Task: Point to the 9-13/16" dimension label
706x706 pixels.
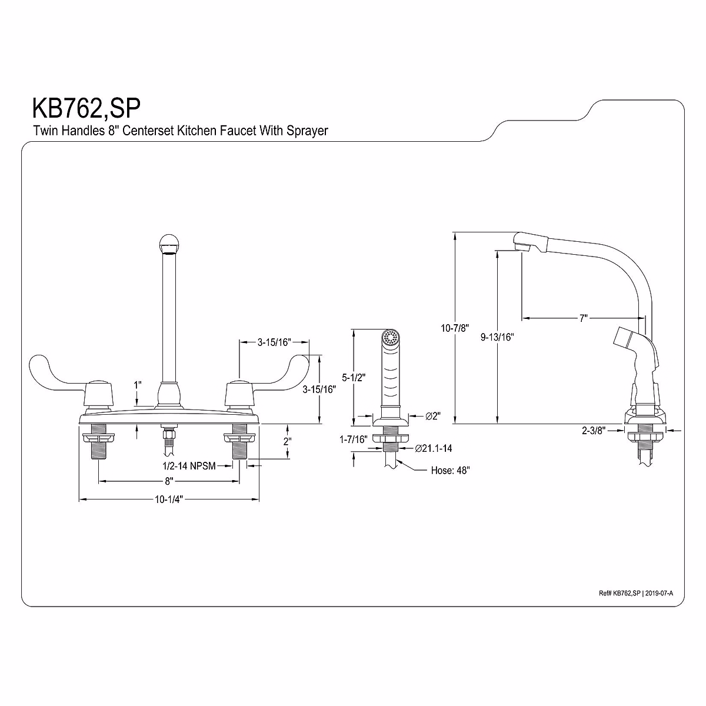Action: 497,337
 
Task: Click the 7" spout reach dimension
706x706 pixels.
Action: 583,318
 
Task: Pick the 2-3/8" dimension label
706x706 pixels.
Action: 594,430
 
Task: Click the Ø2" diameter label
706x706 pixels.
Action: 433,416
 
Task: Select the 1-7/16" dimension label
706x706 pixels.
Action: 353,439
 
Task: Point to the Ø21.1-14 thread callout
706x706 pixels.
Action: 433,449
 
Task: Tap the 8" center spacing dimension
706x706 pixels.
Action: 168,481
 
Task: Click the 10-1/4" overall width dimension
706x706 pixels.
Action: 169,499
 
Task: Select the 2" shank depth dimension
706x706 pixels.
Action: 288,441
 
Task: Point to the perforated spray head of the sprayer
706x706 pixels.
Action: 389,338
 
